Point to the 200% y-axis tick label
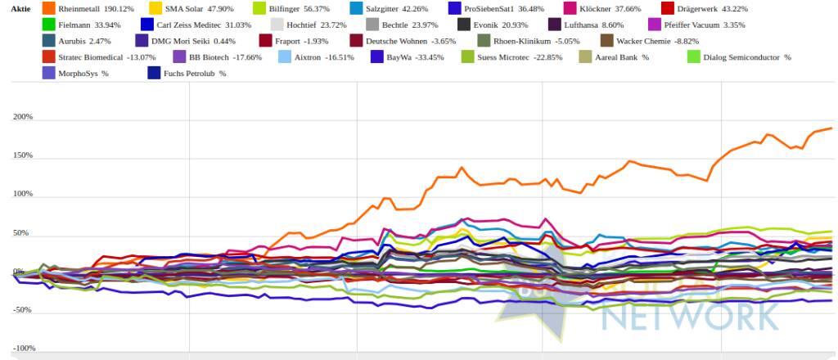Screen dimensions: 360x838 click(x=23, y=117)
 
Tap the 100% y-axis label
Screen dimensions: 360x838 click(x=23, y=195)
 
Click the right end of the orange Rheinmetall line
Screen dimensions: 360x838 click(x=831, y=128)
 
